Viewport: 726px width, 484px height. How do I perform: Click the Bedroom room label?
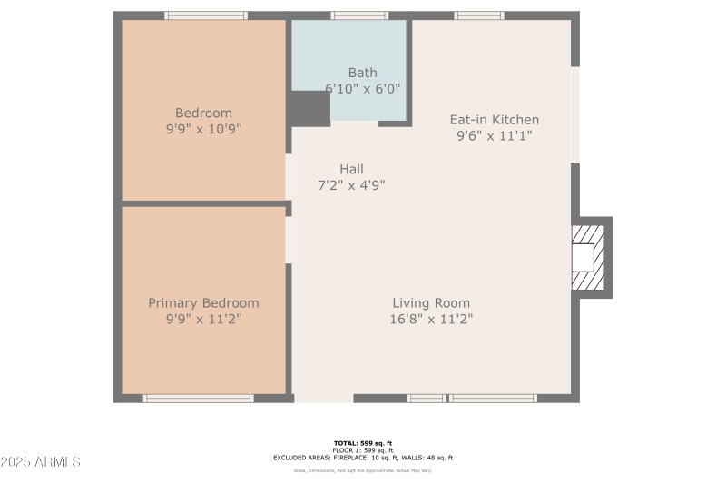[203, 113]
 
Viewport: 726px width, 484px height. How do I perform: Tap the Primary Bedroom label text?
[203, 303]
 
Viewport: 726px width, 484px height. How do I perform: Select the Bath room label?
[362, 73]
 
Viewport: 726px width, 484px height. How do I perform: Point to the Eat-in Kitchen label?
[495, 120]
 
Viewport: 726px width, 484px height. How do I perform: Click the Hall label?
[351, 169]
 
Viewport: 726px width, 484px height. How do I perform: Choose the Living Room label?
[431, 303]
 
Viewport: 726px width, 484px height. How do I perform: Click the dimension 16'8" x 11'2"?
[431, 319]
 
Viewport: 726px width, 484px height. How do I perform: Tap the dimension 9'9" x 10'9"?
[203, 129]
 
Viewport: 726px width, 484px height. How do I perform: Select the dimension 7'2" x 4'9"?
[351, 184]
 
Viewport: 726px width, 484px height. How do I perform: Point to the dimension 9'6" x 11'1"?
[495, 135]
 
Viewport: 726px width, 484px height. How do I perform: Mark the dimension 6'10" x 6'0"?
[362, 88]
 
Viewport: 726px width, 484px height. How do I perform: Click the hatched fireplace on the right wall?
[588, 258]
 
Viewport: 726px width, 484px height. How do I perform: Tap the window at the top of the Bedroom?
[206, 15]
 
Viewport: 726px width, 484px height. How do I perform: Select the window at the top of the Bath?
[359, 15]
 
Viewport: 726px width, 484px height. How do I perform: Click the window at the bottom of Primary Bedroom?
[199, 398]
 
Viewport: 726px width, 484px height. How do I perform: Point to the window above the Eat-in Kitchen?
[478, 15]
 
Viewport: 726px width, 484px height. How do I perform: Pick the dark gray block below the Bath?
[309, 109]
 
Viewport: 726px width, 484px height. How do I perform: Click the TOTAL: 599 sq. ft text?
[363, 443]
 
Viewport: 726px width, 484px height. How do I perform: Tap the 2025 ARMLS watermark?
[41, 462]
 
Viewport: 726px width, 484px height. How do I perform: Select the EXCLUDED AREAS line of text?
[363, 458]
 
